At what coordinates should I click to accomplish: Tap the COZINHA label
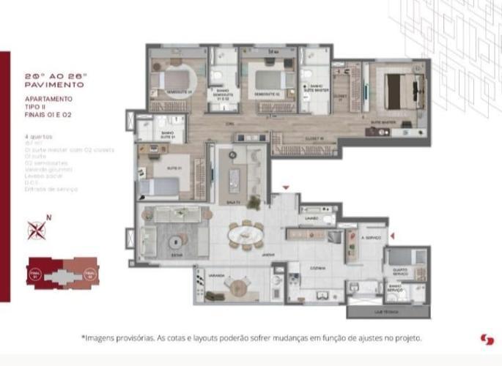[x=316, y=268]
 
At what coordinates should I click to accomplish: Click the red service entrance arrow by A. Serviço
[x=393, y=235]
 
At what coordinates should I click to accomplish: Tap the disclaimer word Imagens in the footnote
[x=102, y=339]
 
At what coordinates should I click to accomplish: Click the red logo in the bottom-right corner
[x=486, y=339]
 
